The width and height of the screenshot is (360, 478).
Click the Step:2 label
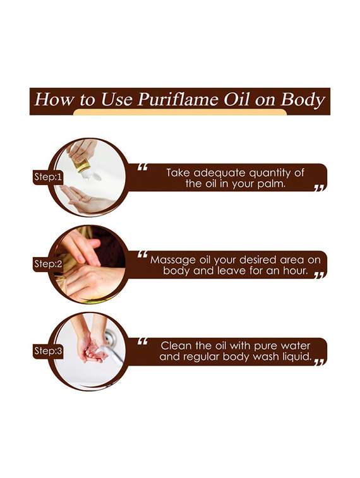coord(48,265)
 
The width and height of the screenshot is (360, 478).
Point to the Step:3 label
coord(48,350)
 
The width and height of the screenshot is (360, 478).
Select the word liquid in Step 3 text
coord(294,357)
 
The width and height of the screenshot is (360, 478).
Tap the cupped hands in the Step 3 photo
coord(91,350)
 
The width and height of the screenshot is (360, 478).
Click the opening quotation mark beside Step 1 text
coord(142,168)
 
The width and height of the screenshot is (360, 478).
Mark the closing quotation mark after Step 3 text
coord(319,362)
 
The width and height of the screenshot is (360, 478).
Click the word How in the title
coord(48,100)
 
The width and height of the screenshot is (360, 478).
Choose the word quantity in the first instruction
coord(273,171)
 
